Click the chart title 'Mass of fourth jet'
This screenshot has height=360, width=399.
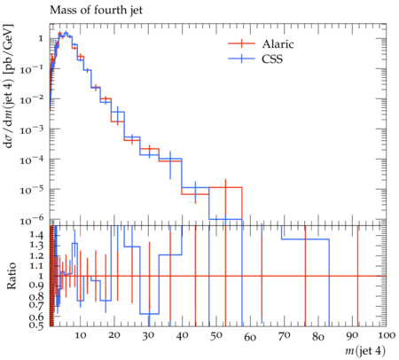[96, 11]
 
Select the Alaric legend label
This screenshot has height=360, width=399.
[278, 44]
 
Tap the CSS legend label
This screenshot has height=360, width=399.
[272, 59]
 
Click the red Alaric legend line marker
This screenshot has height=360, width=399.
[241, 43]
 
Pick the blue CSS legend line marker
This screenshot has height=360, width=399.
[241, 59]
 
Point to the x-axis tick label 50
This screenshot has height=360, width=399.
[216, 335]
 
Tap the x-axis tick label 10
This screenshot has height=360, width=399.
[81, 335]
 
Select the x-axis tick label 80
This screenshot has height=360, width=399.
[318, 337]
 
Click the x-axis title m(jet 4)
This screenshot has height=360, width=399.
[365, 351]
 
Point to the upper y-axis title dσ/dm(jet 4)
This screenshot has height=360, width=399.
[8, 86]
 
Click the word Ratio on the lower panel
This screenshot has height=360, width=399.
[12, 276]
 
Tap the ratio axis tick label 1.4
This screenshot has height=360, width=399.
[36, 235]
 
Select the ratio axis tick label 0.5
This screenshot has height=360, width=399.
[36, 325]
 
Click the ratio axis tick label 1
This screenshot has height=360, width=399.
[41, 276]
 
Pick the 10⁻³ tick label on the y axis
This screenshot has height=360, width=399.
[32, 129]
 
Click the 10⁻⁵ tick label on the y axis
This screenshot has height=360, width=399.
[32, 190]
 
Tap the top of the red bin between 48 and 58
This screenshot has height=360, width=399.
[225, 187]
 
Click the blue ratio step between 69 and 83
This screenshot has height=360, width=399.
[305, 239]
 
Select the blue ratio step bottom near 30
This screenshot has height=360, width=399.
[149, 314]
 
